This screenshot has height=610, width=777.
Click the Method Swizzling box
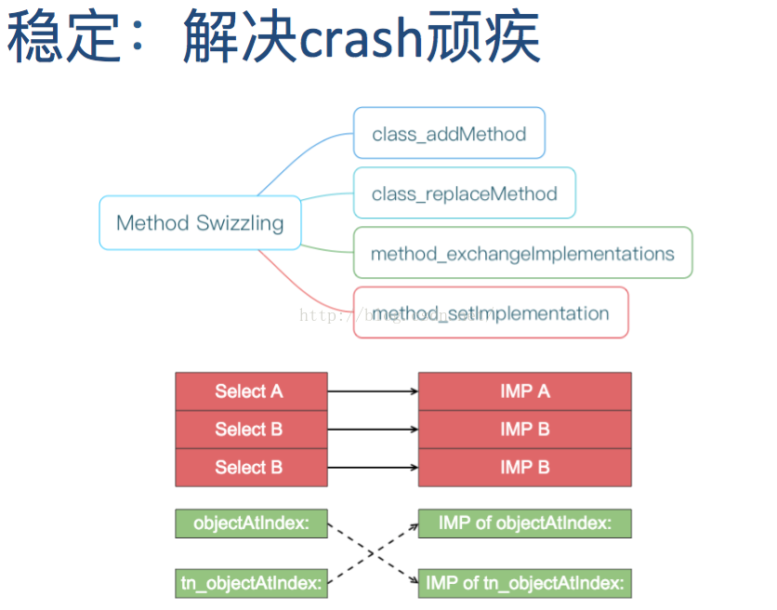coord(200,223)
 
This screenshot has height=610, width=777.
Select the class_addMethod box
coord(449,134)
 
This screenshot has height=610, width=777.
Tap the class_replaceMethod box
coord(464,193)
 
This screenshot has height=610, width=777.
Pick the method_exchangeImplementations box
coord(522,253)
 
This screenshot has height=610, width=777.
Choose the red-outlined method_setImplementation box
coord(491,312)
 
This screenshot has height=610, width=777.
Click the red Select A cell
coord(251,391)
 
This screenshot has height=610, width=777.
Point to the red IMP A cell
coord(524,391)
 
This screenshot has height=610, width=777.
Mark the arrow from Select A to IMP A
coord(372,391)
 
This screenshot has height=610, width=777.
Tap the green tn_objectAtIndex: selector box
coord(251,583)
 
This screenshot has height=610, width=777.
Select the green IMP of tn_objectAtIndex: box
coord(524,583)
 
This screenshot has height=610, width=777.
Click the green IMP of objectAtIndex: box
coord(524,524)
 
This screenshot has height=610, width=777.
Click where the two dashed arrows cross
coord(372,553)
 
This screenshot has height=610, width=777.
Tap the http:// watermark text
coord(325,315)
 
